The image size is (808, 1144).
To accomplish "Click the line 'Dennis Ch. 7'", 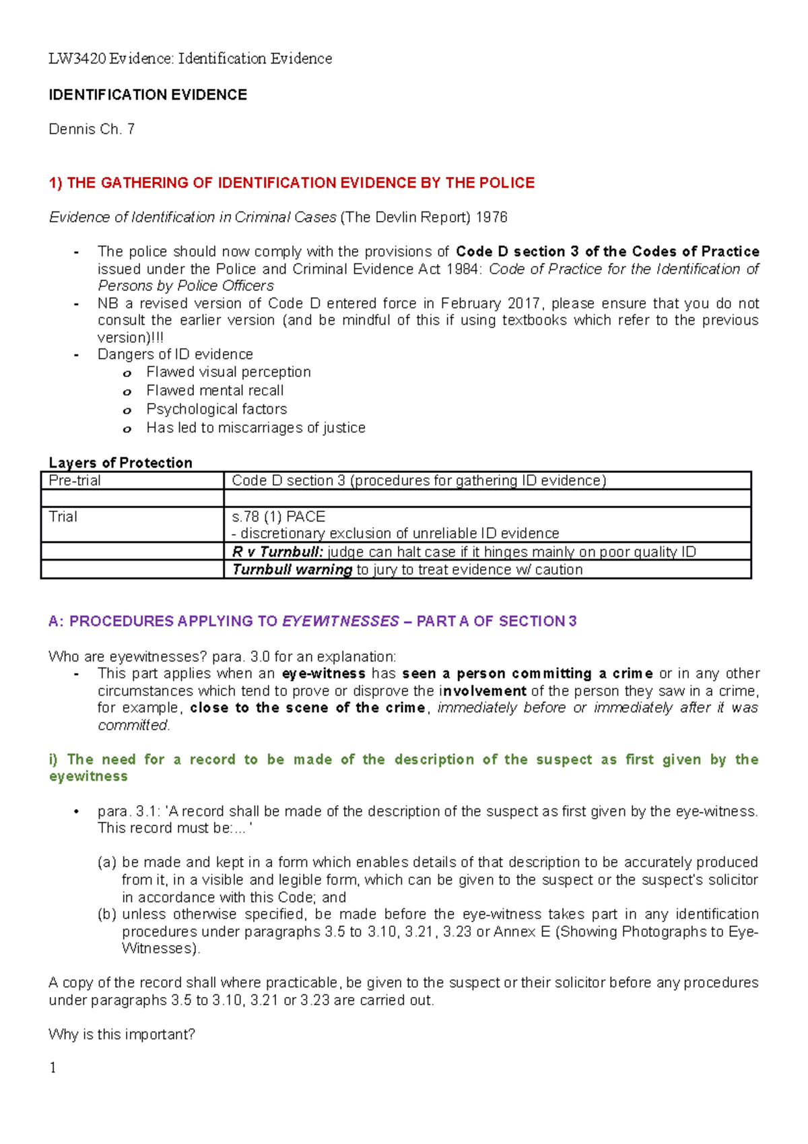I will (92, 129).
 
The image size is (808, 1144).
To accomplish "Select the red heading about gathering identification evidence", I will (292, 183).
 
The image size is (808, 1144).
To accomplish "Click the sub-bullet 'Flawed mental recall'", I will (215, 391).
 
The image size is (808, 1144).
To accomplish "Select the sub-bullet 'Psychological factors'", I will (216, 410).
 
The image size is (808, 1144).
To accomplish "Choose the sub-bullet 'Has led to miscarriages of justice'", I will (256, 428).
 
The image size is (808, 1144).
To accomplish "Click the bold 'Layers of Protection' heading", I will (121, 463).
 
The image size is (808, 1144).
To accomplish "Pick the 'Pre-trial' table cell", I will (75, 480).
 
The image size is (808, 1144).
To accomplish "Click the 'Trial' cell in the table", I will (63, 517).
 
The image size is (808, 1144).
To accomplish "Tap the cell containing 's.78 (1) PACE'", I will (279, 517).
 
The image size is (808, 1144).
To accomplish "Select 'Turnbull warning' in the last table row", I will (292, 570).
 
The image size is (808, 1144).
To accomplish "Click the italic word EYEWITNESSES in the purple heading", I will (340, 622).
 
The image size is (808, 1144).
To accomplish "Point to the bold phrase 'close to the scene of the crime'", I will (308, 708).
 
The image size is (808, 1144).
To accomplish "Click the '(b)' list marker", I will (106, 914).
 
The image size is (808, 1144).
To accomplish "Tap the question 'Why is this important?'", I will (122, 1035).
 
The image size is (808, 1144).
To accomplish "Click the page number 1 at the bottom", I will (53, 1068).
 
